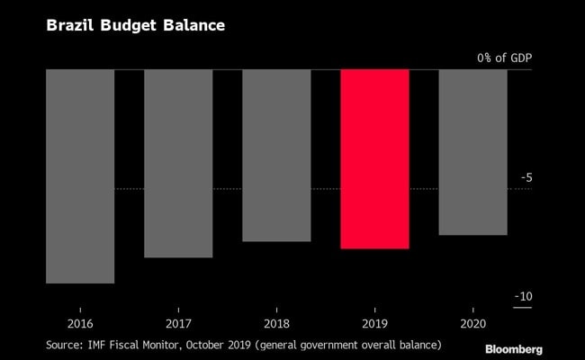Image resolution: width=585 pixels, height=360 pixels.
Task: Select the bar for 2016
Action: coord(80,176)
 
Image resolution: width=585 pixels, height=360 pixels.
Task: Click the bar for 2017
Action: coord(178,163)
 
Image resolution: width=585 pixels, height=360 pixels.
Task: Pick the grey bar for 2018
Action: coord(276,155)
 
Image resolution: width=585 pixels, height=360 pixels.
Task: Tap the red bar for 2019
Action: coord(374,158)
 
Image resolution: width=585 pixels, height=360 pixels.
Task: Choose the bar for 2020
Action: coord(472,152)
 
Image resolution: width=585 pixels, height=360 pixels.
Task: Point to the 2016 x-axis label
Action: coord(80,323)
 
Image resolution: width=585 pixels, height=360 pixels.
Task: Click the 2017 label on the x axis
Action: coord(178,323)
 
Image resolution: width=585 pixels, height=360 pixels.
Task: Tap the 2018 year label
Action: coord(276,323)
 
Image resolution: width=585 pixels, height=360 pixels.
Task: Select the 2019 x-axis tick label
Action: coord(374,323)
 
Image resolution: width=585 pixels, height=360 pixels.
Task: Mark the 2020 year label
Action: coord(472,323)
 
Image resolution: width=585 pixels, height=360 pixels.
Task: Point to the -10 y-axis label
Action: coord(522,297)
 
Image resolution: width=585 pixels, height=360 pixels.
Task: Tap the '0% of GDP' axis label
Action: coord(504,58)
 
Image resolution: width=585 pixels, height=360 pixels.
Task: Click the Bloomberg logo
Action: coord(514,348)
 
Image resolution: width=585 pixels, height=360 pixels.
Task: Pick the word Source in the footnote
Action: coord(66,344)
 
